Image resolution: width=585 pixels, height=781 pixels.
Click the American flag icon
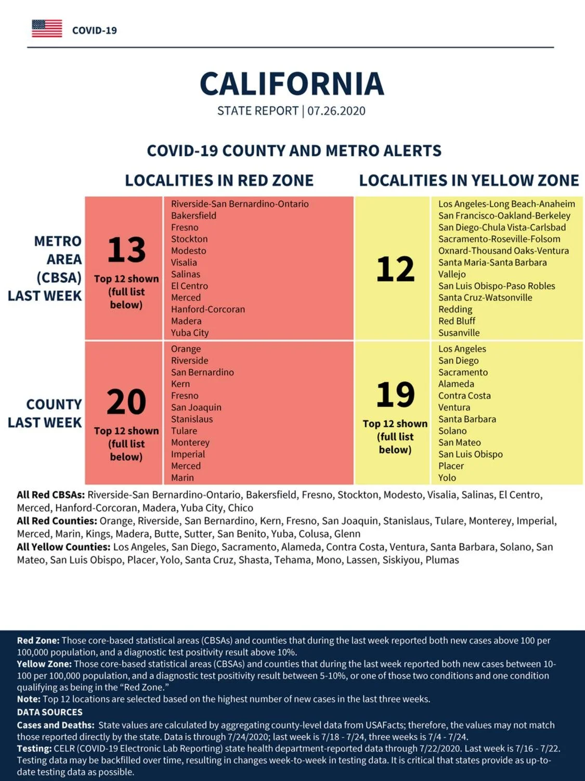tap(47, 29)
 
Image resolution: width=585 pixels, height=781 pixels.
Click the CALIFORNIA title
tap(292, 84)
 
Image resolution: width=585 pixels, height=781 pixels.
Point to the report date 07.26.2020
tap(336, 111)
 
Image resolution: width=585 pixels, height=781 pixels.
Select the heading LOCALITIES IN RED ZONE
tap(219, 180)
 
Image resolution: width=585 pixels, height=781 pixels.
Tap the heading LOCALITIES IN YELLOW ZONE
tap(469, 180)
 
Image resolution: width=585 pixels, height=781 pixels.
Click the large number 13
tap(126, 250)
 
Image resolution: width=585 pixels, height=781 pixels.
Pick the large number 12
tap(395, 269)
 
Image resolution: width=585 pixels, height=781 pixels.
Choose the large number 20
tap(126, 402)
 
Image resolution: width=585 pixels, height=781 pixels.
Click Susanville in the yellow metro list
tap(459, 333)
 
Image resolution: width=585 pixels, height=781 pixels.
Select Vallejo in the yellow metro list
tap(452, 274)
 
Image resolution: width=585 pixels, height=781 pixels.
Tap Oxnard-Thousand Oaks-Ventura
tap(503, 251)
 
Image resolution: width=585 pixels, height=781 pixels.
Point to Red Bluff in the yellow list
tap(457, 321)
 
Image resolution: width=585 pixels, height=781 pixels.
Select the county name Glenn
tap(347, 534)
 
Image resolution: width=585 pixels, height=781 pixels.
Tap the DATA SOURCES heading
tap(50, 712)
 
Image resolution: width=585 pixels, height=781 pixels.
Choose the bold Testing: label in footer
tap(34, 749)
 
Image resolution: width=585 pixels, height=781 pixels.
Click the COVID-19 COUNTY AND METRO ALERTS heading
tap(294, 151)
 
